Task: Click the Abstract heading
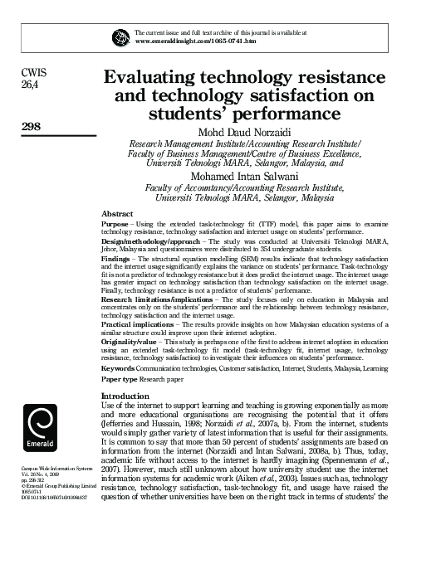coord(116,213)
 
